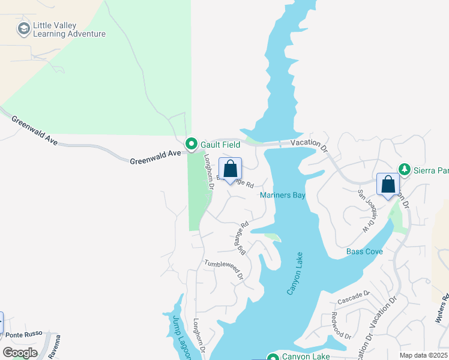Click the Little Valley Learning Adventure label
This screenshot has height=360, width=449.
(x=69, y=30)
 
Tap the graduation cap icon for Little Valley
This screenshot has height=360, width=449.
(x=23, y=28)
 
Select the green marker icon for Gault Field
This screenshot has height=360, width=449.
(x=191, y=144)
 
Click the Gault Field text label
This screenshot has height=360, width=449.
(x=220, y=144)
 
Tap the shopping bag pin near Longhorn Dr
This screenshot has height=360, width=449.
(x=230, y=170)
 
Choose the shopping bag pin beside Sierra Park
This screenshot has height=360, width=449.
(x=388, y=185)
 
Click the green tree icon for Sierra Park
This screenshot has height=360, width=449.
(x=405, y=170)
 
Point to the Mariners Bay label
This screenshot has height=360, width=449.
(x=283, y=196)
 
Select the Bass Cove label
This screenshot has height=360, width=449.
(x=364, y=251)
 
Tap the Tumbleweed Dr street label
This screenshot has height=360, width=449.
(x=223, y=270)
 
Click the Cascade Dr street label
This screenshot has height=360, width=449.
(x=354, y=297)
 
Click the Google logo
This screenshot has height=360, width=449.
(x=19, y=353)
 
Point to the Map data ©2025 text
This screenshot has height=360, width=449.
(x=424, y=355)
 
